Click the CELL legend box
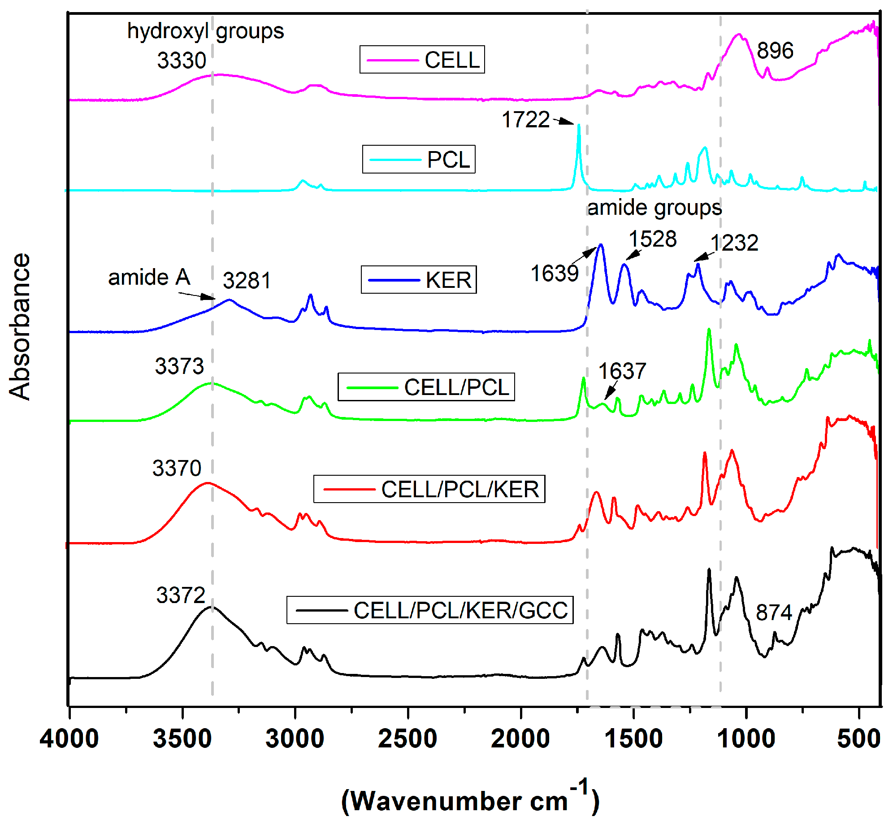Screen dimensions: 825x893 [422, 59]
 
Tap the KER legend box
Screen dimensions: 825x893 [419, 280]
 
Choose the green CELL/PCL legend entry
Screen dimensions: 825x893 [426, 387]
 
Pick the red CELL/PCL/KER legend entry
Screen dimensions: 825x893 [429, 489]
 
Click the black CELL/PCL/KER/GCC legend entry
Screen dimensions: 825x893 [429, 610]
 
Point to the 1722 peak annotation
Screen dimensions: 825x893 [525, 120]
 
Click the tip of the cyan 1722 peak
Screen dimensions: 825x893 [579, 125]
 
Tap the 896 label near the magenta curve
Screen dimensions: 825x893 [775, 50]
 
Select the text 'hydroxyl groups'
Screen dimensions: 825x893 [205, 31]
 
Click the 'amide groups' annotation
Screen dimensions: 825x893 [655, 208]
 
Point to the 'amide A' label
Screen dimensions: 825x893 [149, 277]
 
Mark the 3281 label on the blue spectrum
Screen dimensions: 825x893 [247, 281]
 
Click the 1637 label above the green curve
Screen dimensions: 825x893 [622, 371]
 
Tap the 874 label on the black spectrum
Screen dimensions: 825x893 [774, 612]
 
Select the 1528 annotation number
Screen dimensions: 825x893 [653, 239]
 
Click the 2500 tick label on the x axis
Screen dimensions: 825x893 [407, 739]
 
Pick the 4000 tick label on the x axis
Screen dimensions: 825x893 [69, 739]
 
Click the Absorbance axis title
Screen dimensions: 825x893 [20, 326]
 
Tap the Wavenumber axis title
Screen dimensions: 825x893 [470, 801]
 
